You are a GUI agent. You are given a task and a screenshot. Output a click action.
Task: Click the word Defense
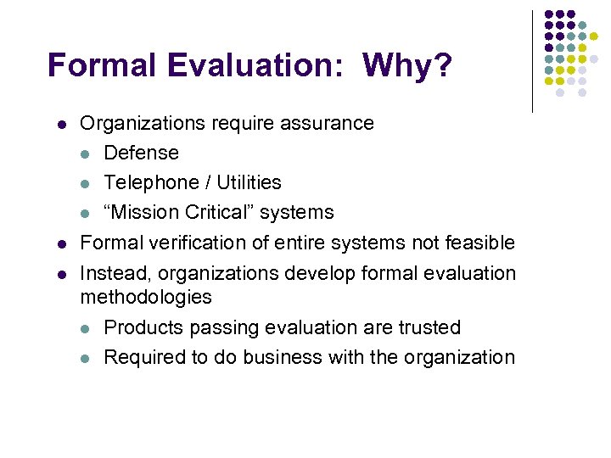[141, 153]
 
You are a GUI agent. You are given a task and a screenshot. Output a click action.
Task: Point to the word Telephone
[145, 182]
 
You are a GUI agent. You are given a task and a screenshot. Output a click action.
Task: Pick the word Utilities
[249, 182]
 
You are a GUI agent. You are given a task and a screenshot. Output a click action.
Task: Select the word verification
[188, 243]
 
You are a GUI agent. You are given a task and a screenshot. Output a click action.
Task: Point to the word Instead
[112, 273]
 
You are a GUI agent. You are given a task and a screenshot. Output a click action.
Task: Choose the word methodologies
[146, 297]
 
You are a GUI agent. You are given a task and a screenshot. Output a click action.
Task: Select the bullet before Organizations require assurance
[61, 124]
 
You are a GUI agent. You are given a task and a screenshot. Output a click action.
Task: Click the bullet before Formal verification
[61, 243]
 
